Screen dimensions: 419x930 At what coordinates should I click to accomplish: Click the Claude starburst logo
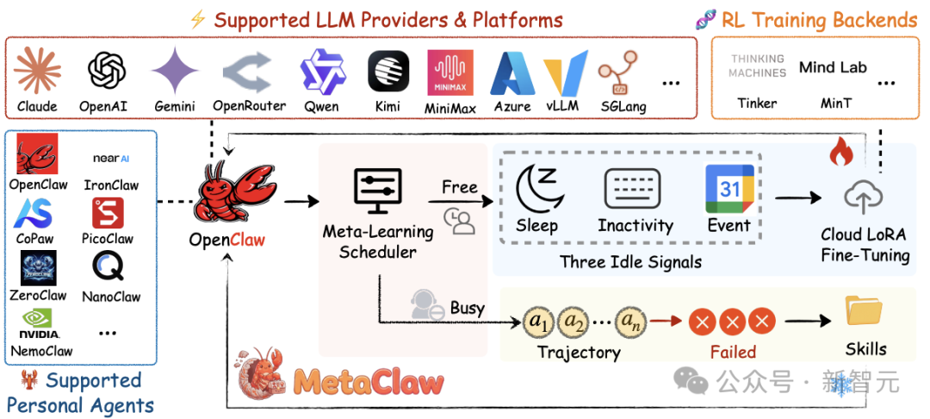point(37,70)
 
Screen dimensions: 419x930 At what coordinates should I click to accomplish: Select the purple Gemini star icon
point(175,71)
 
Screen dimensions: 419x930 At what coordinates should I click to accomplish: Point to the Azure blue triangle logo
point(512,72)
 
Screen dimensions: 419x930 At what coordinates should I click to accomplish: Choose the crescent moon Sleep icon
point(537,187)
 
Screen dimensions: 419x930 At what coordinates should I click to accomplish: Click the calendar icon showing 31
point(728,186)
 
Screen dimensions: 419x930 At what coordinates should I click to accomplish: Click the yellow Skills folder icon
point(865,310)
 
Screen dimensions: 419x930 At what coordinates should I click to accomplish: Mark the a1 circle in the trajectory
point(538,322)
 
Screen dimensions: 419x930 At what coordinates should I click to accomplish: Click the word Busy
point(468,308)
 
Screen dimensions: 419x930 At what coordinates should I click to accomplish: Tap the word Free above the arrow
point(460,187)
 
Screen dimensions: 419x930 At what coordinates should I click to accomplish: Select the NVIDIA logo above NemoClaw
point(39,323)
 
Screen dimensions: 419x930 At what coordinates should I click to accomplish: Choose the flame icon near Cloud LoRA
point(839,153)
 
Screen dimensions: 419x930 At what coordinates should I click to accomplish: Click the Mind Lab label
point(833,67)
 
